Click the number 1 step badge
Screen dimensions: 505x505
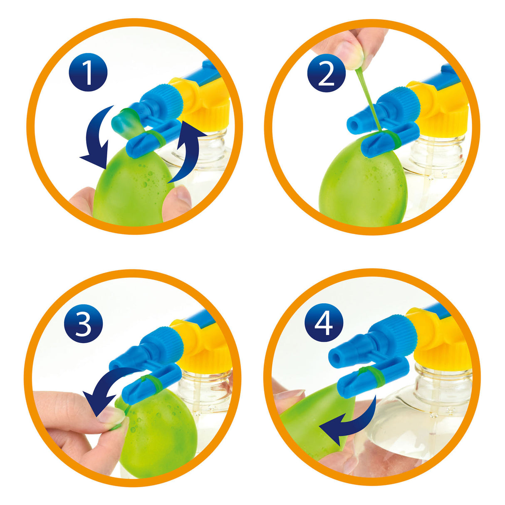pos(88,72)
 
